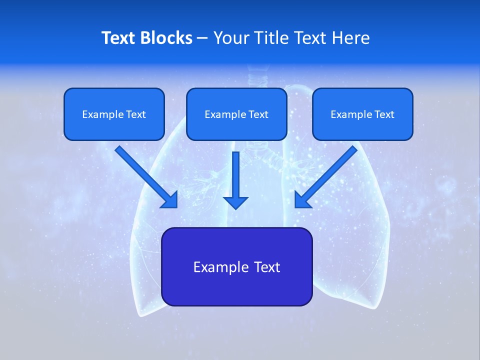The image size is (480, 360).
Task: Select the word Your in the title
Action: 229,38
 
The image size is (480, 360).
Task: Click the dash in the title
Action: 203,38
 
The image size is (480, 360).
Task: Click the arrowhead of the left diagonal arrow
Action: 170,200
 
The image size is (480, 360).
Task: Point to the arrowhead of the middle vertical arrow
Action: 235,202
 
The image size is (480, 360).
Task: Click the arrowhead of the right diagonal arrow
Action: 302,200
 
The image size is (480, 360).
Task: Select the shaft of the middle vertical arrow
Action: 235,172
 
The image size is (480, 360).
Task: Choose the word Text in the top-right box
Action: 384,114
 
